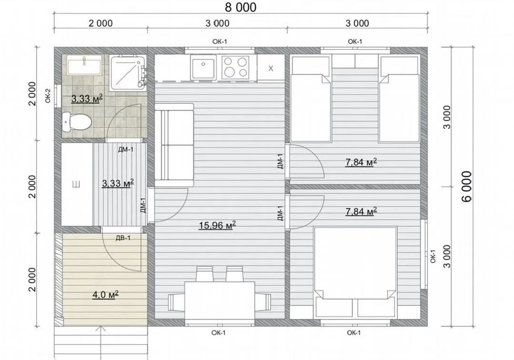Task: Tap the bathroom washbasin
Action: (84, 65)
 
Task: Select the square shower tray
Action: (127, 72)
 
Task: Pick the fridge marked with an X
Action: (271, 68)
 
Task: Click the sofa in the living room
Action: (174, 145)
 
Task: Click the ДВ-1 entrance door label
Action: (123, 238)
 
